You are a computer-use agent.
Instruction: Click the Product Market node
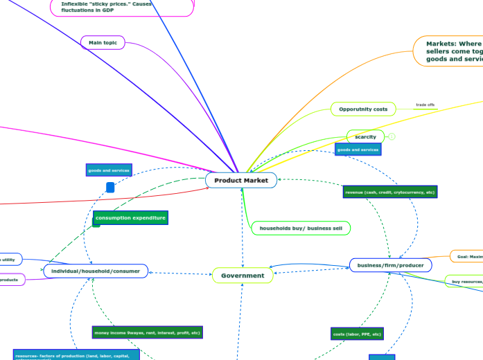tap(241, 180)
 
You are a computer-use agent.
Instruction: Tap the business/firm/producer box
tap(391, 265)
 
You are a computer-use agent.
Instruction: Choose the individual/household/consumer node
tap(96, 271)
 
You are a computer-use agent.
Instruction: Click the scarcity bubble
tap(365, 137)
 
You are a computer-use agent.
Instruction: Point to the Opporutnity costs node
tap(363, 109)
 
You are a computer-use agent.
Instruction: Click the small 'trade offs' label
tap(425, 105)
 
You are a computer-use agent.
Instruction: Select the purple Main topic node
tap(103, 43)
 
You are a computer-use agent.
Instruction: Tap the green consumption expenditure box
tap(130, 218)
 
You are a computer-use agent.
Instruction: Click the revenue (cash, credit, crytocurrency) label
tap(390, 192)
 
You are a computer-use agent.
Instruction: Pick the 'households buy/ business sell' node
tap(300, 228)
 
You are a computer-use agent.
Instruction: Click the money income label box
tap(147, 332)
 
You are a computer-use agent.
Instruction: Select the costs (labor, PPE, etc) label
tap(357, 334)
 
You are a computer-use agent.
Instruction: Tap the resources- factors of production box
tap(76, 354)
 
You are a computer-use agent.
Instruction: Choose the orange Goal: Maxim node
tap(466, 257)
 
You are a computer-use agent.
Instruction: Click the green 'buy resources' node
tap(464, 282)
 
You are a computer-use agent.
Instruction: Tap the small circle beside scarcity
tap(392, 137)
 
